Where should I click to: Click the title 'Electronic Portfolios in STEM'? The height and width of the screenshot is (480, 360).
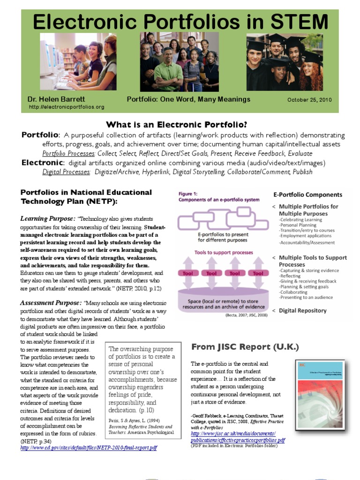click(180, 21)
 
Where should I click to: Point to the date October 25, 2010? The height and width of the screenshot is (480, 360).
click(309, 100)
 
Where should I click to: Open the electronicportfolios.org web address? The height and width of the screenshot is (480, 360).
click(67, 107)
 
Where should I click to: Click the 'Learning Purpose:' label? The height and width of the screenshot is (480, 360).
click(48, 218)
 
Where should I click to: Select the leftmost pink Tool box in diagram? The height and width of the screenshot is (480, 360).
click(188, 273)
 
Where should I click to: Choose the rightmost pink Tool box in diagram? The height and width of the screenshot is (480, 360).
click(258, 273)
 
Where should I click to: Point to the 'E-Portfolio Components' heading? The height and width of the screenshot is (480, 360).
click(307, 195)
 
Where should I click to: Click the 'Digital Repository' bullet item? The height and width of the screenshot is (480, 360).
click(303, 310)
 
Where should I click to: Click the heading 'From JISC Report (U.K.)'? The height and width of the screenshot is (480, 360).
click(245, 347)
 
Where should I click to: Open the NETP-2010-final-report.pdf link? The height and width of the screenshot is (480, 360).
click(89, 448)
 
